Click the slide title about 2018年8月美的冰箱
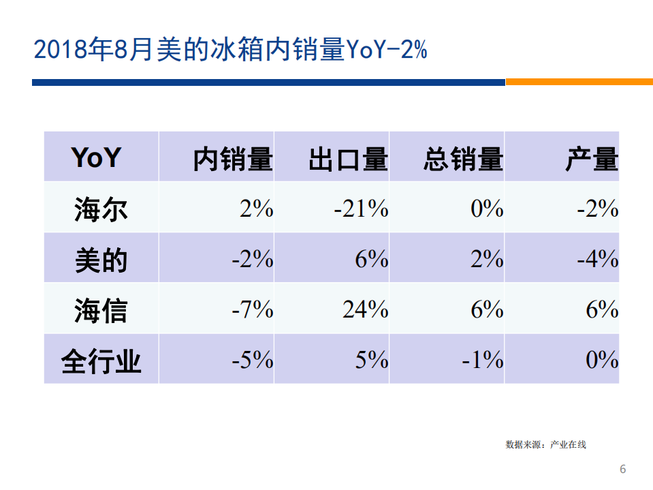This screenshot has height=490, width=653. [x=230, y=50]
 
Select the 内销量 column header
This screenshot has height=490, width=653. [x=232, y=159]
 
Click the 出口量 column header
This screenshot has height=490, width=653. [x=348, y=159]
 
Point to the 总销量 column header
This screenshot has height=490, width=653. [x=463, y=159]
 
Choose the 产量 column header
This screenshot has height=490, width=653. [x=591, y=159]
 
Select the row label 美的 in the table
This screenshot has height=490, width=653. [x=101, y=260]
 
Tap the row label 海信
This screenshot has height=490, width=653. [x=101, y=311]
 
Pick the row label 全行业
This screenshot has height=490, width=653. [x=101, y=361]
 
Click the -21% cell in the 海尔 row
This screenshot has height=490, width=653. [x=361, y=209]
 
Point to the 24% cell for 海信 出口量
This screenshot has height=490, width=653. [x=365, y=310]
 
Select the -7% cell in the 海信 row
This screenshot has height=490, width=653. [x=253, y=310]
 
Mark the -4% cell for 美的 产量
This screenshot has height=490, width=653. [x=597, y=259]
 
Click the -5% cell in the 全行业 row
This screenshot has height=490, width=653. [x=253, y=360]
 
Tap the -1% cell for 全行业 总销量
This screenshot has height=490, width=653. [x=482, y=360]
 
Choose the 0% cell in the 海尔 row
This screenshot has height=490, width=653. [x=487, y=209]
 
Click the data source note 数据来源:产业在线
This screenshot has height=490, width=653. [x=545, y=445]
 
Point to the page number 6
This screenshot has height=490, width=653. [x=622, y=469]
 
